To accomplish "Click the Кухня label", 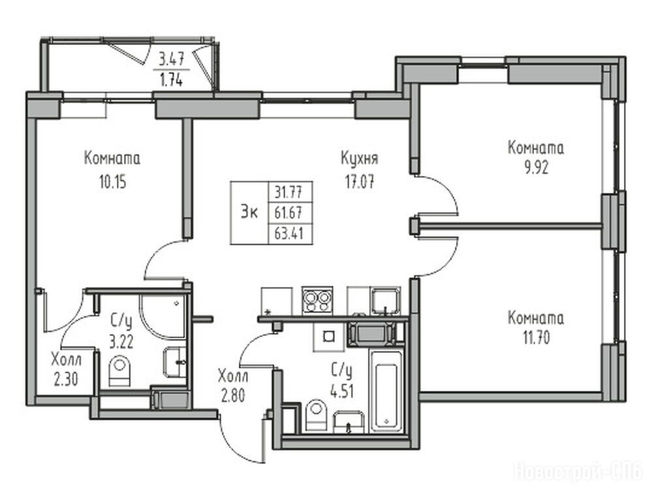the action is tap(359, 159).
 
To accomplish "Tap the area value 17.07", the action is tap(359, 181).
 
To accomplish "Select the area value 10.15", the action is tap(112, 182).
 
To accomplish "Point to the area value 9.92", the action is tap(536, 168).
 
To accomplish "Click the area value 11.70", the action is tap(536, 338).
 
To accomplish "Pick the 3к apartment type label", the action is tap(249, 213).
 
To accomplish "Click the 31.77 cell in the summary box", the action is tap(288, 192).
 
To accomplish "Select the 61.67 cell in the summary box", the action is tap(288, 213).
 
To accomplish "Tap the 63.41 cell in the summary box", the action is tap(288, 234).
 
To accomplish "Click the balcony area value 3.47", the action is tap(172, 60).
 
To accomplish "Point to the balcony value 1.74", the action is tap(171, 80).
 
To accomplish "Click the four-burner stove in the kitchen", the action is tap(317, 301).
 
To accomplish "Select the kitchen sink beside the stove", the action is tap(386, 301).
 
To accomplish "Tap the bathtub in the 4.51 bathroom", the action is tap(387, 391).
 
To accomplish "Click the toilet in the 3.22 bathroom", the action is tap(119, 371).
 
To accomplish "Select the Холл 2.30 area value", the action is tap(66, 379).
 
